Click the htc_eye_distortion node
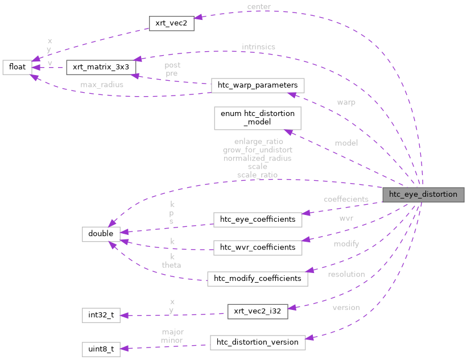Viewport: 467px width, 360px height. (x=423, y=194)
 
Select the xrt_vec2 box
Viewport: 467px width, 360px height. (x=171, y=24)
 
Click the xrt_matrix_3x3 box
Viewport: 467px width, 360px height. (x=101, y=67)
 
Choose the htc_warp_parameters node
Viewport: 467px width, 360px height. (x=257, y=85)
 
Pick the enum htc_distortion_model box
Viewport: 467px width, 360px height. (x=257, y=118)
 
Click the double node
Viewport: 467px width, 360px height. (x=101, y=233)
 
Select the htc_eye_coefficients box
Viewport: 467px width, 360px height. (x=257, y=219)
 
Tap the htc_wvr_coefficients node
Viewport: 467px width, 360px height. (x=257, y=247)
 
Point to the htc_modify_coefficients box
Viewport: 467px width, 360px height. (x=257, y=278)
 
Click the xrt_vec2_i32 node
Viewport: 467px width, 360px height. (x=257, y=311)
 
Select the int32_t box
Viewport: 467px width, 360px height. (x=101, y=315)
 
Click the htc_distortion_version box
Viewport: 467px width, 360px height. (x=257, y=342)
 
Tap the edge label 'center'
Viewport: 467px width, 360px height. (x=259, y=7)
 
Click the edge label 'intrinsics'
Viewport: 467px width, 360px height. (x=258, y=46)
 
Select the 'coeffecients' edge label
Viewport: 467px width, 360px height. (x=346, y=200)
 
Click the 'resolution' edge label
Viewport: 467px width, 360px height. (x=346, y=274)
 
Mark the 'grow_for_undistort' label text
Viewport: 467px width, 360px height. (x=257, y=150)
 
